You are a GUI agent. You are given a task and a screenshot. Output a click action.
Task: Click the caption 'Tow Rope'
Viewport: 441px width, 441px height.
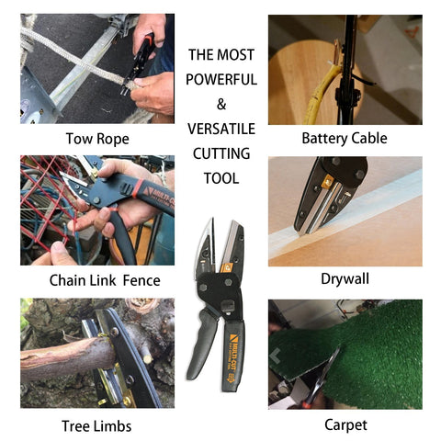[96, 140]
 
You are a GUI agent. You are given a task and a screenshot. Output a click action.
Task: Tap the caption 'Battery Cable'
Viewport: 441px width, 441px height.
[345, 140]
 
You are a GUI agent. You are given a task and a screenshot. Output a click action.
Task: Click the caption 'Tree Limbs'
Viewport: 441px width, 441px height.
[98, 425]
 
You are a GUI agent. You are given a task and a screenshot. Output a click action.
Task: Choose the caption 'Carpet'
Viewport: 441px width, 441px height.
[345, 424]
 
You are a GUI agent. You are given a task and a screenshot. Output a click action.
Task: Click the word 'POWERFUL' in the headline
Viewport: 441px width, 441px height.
[220, 80]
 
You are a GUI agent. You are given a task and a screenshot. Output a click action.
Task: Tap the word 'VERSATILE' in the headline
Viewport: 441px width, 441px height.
[220, 129]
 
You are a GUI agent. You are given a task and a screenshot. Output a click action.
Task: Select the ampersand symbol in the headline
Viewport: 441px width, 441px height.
[220, 104]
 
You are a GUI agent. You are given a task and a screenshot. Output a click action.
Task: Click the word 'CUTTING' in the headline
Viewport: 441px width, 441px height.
[220, 153]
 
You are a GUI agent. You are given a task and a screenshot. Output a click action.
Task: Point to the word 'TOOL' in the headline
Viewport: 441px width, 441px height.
[220, 177]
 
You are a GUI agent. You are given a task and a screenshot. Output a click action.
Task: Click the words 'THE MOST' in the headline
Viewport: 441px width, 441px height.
[220, 55]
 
